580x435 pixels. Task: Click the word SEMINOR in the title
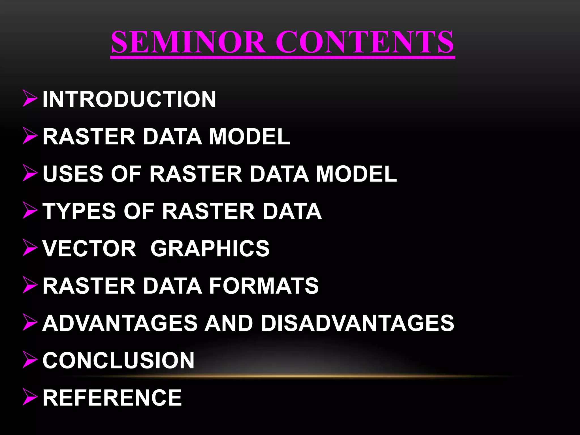coord(188,42)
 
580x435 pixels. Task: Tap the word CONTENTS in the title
coord(365,42)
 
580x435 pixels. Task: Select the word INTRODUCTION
coord(129,99)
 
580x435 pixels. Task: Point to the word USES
coord(73,174)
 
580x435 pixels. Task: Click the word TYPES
coord(79,211)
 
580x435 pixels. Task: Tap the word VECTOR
coord(89,248)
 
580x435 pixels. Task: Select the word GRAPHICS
coord(210,248)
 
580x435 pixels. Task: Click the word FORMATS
coord(264,286)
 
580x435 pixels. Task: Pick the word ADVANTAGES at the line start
coord(120,323)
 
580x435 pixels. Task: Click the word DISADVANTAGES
coord(357,323)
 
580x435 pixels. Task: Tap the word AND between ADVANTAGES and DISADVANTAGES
coord(229,323)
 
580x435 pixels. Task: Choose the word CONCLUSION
coord(118,361)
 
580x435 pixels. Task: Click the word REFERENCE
coord(112,398)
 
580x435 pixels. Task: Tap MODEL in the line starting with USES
coord(356,174)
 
